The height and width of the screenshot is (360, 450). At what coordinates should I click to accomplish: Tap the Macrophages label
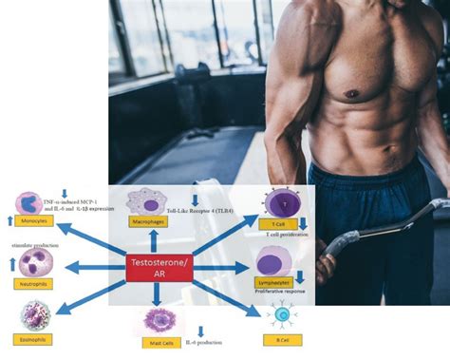pos(149,221)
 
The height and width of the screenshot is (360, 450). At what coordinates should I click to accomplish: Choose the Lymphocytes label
pos(274,282)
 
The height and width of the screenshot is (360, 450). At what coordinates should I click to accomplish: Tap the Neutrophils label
pos(31,283)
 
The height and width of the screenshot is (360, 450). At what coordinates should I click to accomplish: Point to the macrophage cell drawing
pos(146,200)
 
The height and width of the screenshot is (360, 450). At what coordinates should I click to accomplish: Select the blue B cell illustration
pos(281,317)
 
